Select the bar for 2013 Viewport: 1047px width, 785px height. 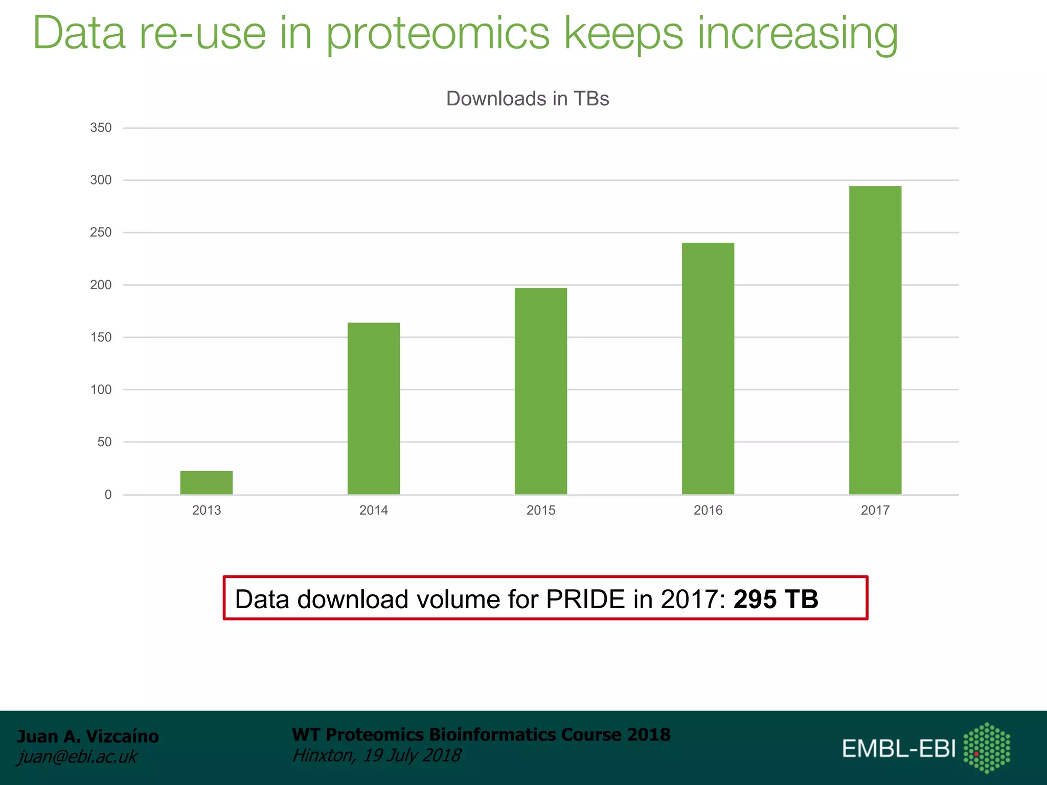pyautogui.click(x=206, y=482)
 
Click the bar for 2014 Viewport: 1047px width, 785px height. pyautogui.click(x=373, y=408)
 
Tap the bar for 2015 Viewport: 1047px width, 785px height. pyautogui.click(x=540, y=391)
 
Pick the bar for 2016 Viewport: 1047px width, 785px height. pyautogui.click(x=708, y=368)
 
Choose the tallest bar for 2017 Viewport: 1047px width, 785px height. pyautogui.click(x=875, y=340)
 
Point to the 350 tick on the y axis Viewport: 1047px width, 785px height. pyautogui.click(x=101, y=128)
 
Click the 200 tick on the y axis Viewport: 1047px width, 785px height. pyautogui.click(x=101, y=285)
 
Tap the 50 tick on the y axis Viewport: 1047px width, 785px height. pyautogui.click(x=104, y=442)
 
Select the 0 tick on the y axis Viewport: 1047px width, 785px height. pyautogui.click(x=108, y=495)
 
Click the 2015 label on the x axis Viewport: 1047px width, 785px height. pyautogui.click(x=540, y=510)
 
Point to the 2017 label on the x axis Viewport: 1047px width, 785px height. pyautogui.click(x=875, y=510)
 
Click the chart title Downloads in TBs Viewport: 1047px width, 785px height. pyautogui.click(x=528, y=99)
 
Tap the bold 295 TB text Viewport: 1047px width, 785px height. pyautogui.click(x=776, y=599)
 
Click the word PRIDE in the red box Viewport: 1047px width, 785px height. pyautogui.click(x=585, y=599)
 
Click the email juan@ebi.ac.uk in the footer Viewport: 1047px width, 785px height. pyautogui.click(x=77, y=756)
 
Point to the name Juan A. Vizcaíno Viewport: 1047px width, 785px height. pyautogui.click(x=88, y=736)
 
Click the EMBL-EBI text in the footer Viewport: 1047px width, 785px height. pyautogui.click(x=899, y=749)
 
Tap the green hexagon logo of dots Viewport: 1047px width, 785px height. pyautogui.click(x=987, y=748)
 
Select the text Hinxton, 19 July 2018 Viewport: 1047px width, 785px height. pyautogui.click(x=376, y=755)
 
